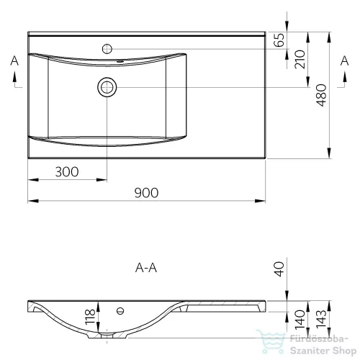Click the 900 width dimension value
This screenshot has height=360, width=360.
(146, 193)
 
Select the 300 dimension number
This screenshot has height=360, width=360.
(67, 172)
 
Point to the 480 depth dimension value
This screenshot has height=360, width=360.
(321, 95)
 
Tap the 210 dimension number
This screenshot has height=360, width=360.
(300, 59)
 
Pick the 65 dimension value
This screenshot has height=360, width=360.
(279, 40)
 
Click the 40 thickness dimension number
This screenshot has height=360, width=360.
(279, 269)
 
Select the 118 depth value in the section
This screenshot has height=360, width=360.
(90, 317)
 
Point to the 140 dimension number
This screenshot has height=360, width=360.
(300, 320)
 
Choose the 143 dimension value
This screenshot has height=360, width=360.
(321, 320)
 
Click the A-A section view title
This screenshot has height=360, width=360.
(146, 268)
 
